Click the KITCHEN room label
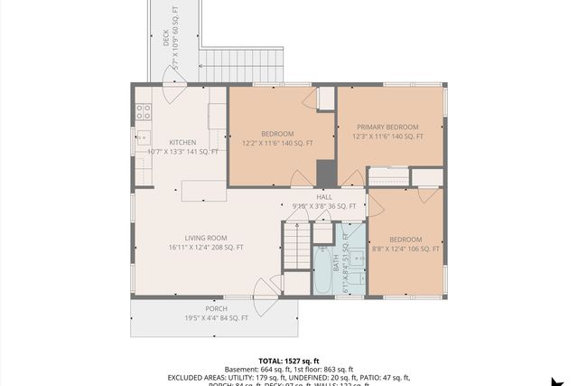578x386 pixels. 182,142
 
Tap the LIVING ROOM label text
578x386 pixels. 206,237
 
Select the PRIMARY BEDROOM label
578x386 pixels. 387,127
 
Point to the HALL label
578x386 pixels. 323,196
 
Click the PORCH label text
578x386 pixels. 216,307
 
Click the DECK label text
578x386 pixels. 165,38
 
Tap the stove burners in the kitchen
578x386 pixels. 143,111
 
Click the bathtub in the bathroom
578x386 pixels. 322,269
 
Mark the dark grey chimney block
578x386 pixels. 326,172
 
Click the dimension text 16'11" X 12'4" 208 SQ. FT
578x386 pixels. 206,247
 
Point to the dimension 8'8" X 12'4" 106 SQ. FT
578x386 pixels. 406,249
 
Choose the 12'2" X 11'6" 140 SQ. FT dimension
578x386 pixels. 278,143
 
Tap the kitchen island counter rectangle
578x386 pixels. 203,191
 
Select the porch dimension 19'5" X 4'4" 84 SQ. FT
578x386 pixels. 216,317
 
